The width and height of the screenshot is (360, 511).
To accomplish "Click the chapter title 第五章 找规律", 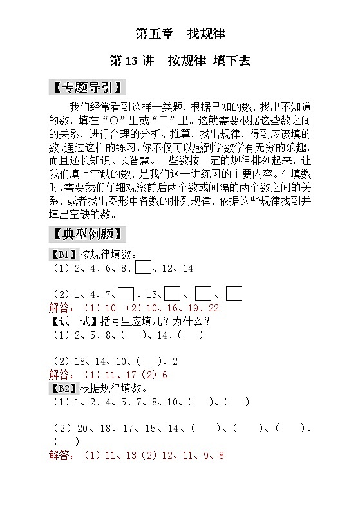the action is tap(180, 32).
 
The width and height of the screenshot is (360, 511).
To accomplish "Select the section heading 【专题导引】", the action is tap(86, 87).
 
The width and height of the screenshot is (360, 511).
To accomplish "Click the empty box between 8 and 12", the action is tap(144, 267).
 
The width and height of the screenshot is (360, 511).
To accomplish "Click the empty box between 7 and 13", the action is tap(126, 293).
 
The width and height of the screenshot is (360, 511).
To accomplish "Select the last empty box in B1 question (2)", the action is tap(234, 293).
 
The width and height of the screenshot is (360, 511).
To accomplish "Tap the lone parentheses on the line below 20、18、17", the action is tap(67, 441).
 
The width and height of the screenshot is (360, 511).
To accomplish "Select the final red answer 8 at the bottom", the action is tap(221, 456).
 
